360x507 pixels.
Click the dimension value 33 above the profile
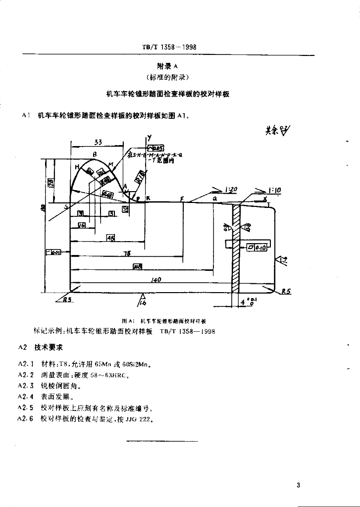(x=98, y=142)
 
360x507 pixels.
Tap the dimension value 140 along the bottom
(x=156, y=280)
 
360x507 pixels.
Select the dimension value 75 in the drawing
(x=127, y=253)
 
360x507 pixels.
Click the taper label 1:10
(x=274, y=190)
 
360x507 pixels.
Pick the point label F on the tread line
(x=182, y=199)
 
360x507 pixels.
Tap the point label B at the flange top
(x=94, y=154)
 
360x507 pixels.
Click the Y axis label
(x=149, y=137)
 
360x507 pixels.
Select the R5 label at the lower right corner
(x=286, y=292)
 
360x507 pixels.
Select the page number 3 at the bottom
(x=298, y=485)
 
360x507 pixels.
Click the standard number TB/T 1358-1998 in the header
(x=169, y=47)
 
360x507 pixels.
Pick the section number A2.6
(x=25, y=419)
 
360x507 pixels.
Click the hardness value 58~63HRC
(x=103, y=375)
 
